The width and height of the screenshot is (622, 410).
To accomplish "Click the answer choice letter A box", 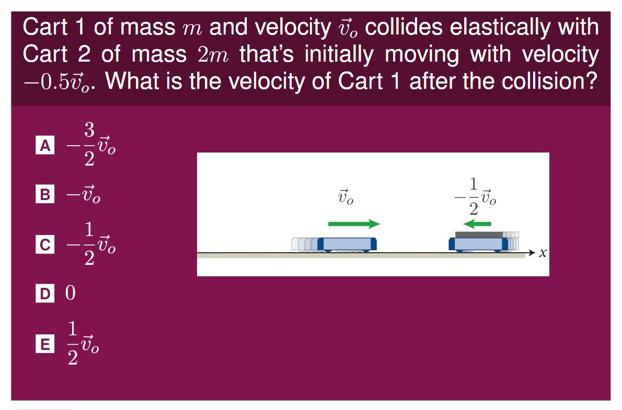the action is [45, 145].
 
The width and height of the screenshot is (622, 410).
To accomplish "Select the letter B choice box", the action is [45, 194].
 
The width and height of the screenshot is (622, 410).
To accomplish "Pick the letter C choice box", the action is [45, 244].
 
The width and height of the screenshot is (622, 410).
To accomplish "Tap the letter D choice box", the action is [45, 294].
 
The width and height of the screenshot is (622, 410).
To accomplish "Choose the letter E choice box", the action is [45, 343].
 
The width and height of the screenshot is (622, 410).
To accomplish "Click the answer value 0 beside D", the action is [70, 293].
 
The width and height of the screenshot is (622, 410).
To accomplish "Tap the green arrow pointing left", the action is [477, 224].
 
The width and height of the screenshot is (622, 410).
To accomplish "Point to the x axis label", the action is [543, 253].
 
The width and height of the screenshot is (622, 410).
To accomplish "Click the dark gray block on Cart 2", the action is [479, 235].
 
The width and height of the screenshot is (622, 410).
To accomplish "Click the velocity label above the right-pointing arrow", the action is [345, 197].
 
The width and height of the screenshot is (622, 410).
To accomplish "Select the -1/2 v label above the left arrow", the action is [475, 196].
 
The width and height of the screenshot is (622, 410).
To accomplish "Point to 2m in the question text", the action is [213, 55].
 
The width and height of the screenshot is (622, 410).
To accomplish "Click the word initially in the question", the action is [339, 54].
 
